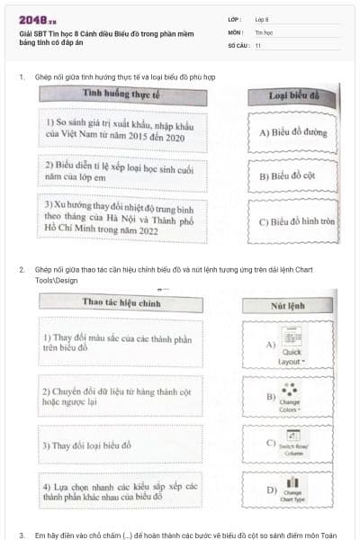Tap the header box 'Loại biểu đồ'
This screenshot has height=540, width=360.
point(295,94)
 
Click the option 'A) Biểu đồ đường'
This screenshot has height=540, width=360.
point(294,131)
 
